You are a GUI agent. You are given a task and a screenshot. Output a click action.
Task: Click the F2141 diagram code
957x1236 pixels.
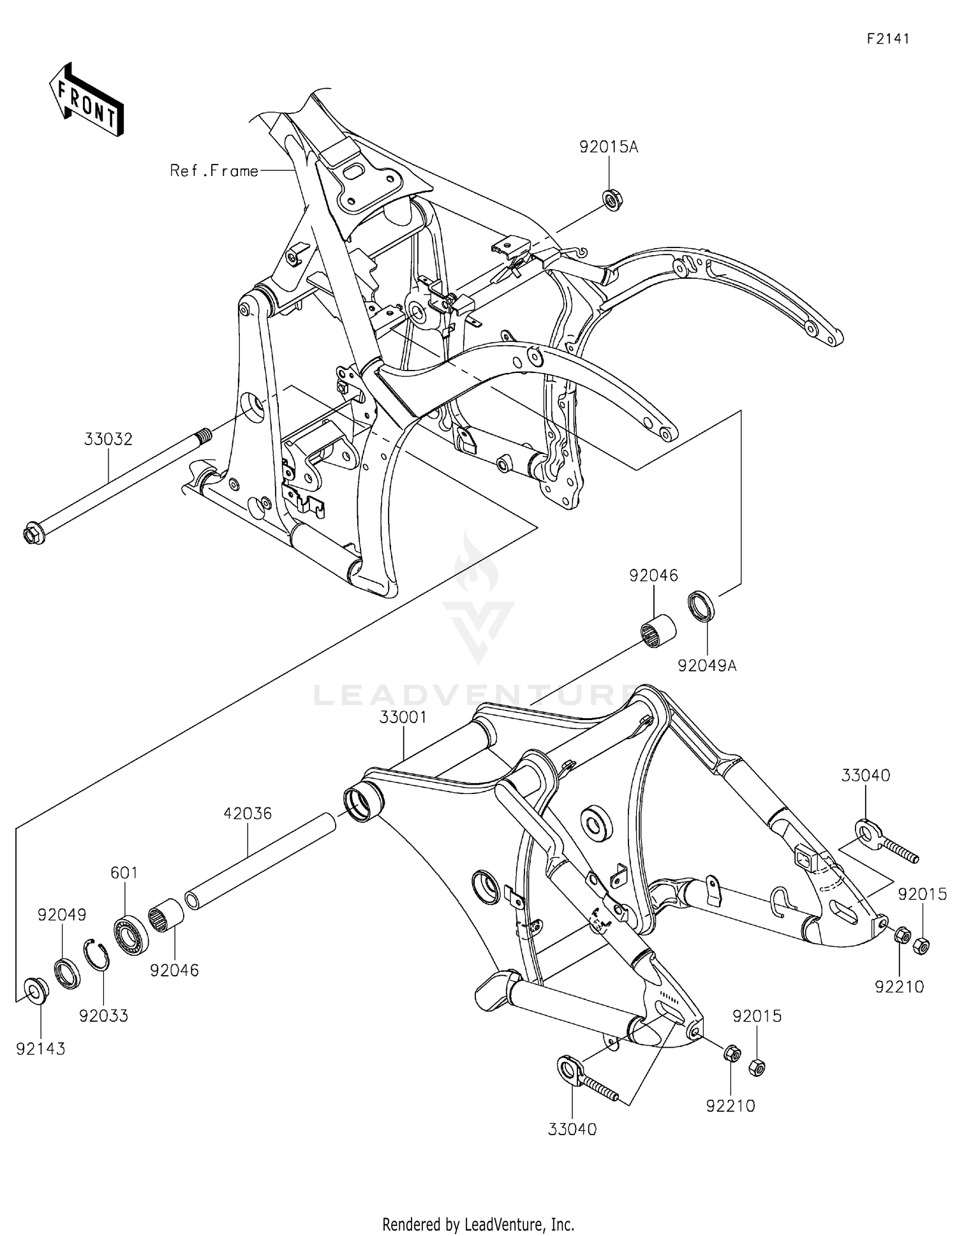click(887, 39)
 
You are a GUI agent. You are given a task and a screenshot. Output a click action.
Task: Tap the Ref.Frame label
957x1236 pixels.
click(214, 171)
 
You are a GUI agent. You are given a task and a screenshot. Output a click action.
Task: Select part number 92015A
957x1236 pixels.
click(608, 147)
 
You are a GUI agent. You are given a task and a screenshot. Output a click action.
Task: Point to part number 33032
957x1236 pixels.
click(108, 439)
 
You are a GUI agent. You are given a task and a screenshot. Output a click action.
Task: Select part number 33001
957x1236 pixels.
click(403, 717)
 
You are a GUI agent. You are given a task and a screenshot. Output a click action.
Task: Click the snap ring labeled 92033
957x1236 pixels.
click(97, 954)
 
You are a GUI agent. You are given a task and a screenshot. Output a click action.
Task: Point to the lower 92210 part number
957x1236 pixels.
click(730, 1106)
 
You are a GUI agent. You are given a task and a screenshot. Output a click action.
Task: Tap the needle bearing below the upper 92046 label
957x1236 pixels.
click(658, 631)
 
